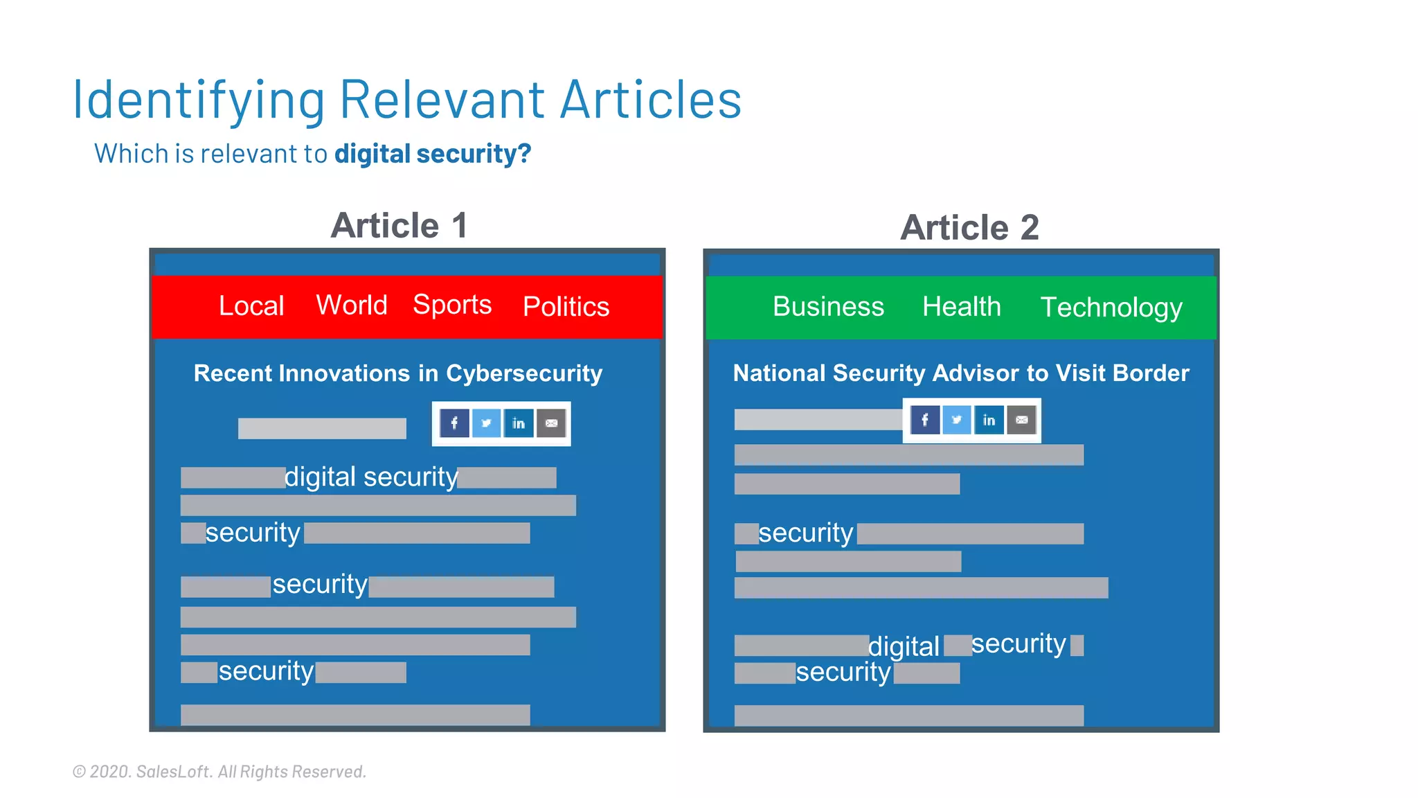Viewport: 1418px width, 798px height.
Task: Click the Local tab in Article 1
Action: click(251, 306)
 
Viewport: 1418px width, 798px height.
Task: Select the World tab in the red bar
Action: click(352, 305)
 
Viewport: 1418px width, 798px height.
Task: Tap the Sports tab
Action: click(452, 305)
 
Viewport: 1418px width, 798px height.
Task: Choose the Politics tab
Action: click(566, 306)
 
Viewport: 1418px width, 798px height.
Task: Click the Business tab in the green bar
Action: click(828, 306)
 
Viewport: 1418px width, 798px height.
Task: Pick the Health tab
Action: click(962, 306)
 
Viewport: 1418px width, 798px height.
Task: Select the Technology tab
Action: click(1111, 307)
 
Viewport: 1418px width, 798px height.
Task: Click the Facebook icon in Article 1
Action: click(454, 423)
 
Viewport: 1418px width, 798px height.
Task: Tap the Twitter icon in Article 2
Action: click(956, 420)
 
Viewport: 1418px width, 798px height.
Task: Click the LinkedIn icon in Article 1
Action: click(519, 423)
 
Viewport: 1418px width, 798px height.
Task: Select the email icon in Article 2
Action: click(1021, 420)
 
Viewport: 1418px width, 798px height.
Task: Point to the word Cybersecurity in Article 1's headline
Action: click(524, 373)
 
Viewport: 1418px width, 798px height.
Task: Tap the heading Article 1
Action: click(400, 226)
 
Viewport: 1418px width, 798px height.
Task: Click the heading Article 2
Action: click(969, 228)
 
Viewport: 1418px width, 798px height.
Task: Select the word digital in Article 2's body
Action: click(904, 646)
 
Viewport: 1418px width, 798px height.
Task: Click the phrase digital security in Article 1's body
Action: click(371, 477)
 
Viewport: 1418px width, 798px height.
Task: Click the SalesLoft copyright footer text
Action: click(219, 772)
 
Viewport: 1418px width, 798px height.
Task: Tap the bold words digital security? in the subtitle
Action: click(433, 154)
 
